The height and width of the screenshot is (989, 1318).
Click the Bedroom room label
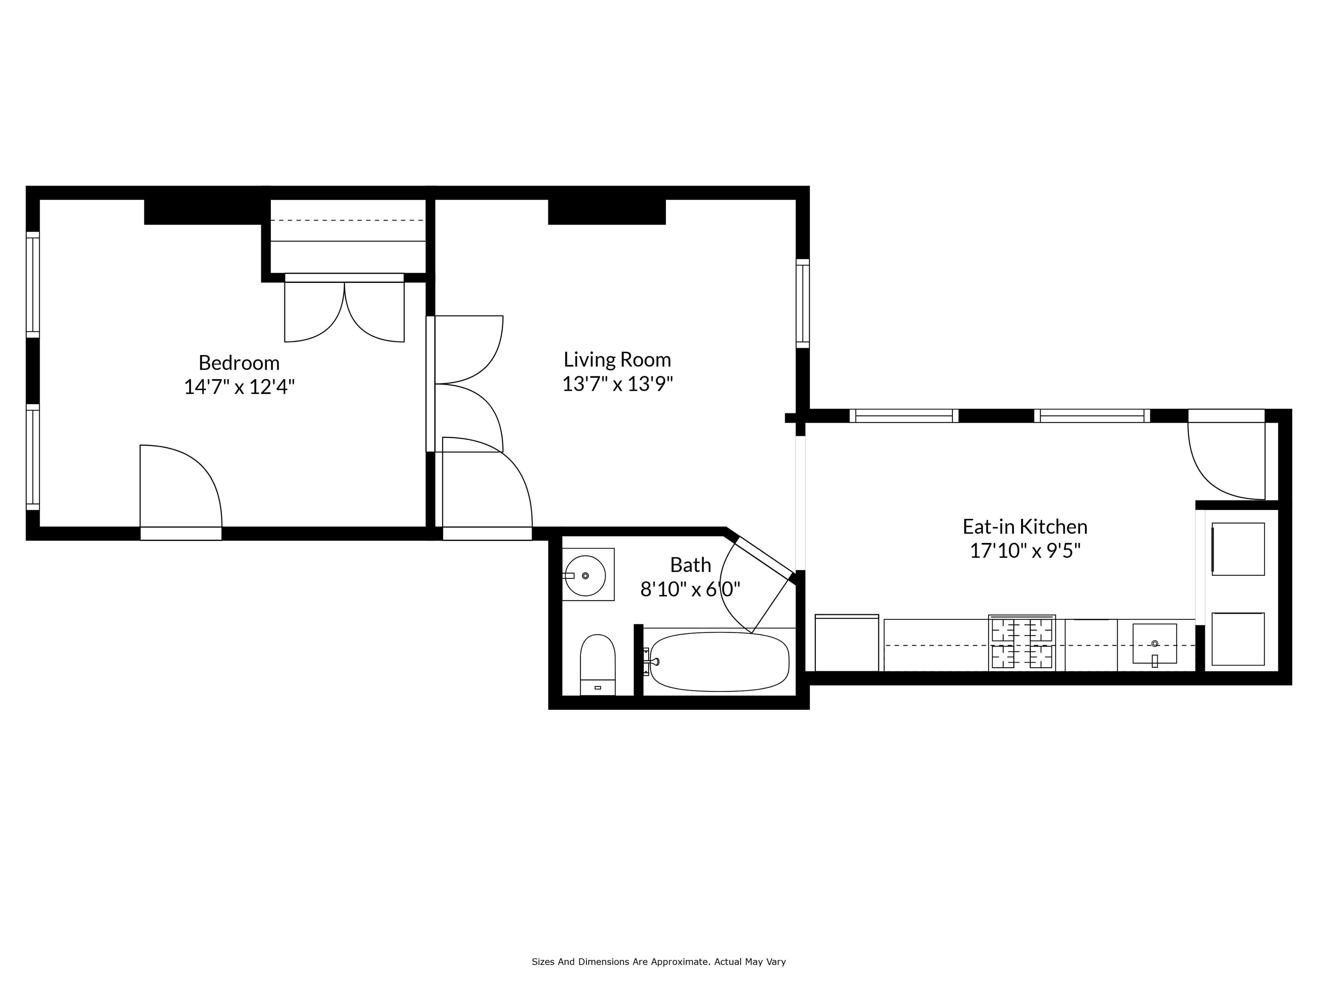point(239,362)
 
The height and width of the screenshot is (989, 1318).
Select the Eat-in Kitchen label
point(1025,526)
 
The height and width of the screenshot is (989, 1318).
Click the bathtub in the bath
point(719,662)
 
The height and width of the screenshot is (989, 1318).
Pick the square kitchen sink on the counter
point(1155,644)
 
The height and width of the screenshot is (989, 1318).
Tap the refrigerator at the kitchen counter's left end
point(847,643)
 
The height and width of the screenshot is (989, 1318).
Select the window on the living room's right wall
point(802,304)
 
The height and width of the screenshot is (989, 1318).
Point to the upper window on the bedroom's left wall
point(33,284)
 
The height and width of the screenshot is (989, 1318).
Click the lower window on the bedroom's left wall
point(33,457)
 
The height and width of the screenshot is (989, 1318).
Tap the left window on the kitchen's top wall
point(904,416)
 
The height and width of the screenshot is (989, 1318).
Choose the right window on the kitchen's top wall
point(1092,416)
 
